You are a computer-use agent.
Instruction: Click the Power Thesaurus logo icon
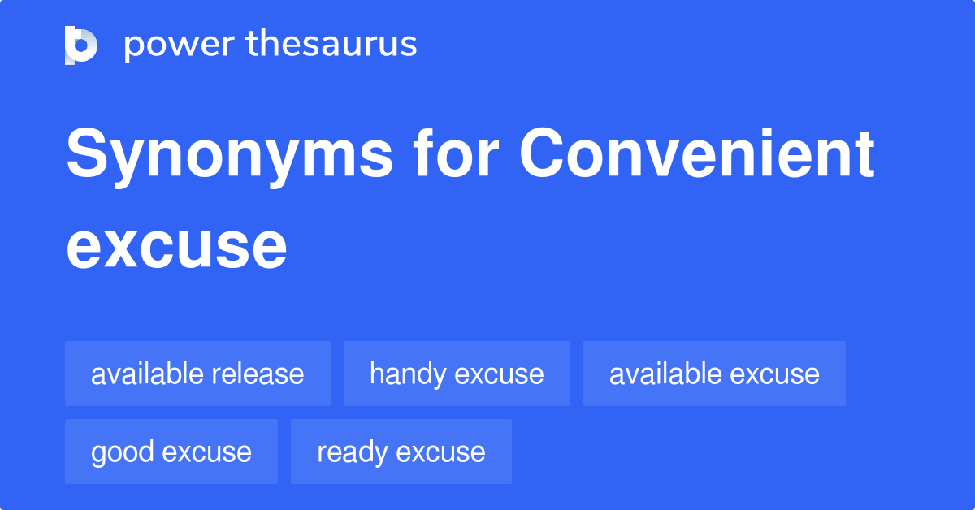pos(81,45)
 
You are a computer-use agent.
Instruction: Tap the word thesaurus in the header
pos(331,45)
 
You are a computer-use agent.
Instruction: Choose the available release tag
pos(197,374)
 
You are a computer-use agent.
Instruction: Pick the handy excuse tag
pos(457,374)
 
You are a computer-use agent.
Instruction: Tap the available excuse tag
pos(714,374)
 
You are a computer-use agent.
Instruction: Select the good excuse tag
pos(171,452)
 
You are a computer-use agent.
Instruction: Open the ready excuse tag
pos(401,452)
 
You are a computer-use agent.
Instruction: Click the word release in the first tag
pos(258,374)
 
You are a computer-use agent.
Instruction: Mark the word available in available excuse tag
pos(665,374)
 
